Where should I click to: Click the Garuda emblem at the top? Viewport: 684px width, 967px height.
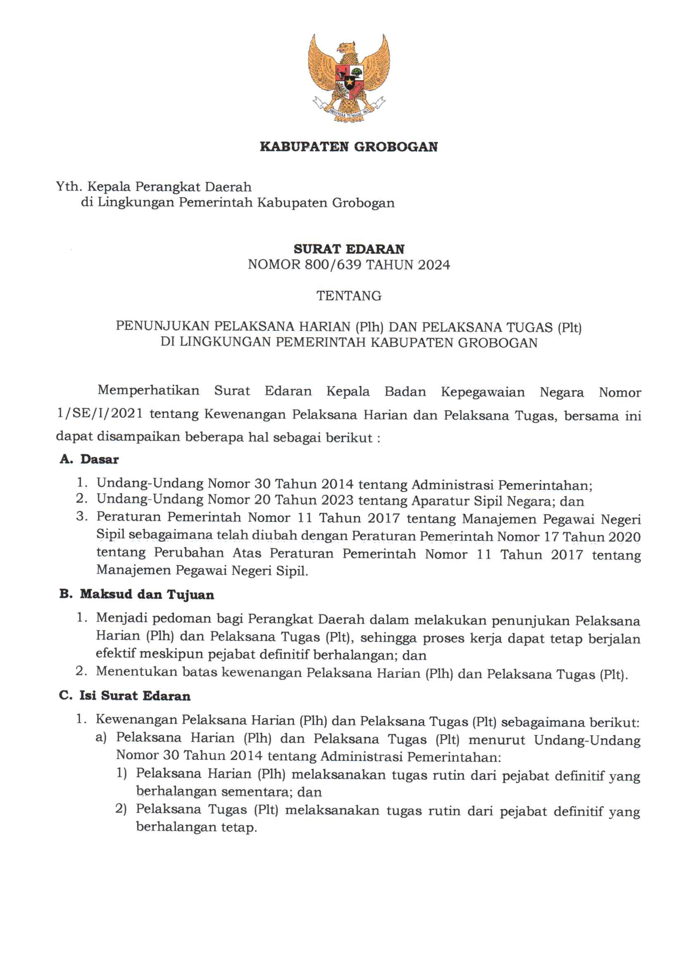349,79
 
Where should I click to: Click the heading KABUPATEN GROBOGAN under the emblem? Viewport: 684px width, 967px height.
349,147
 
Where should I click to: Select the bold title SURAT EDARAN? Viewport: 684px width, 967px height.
349,249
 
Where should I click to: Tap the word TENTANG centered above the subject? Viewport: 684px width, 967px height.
349,296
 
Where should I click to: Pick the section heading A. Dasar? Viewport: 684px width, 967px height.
89,459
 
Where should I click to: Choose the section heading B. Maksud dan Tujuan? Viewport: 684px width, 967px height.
136,595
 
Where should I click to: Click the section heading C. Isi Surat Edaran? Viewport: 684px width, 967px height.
125,695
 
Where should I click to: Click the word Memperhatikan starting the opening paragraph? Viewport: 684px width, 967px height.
148,391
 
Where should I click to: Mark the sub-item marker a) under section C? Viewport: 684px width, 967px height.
101,738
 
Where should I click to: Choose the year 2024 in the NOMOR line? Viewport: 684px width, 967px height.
434,264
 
